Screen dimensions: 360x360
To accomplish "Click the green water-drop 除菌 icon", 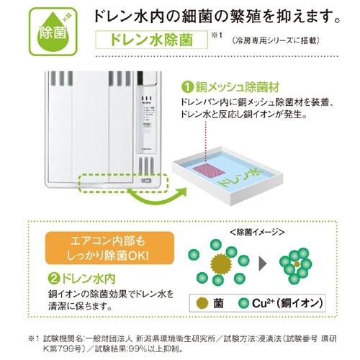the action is tap(53, 32).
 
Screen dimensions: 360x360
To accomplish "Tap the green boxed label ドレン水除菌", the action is tap(151, 40).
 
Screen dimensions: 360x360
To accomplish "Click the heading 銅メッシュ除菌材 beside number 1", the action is tap(238, 87).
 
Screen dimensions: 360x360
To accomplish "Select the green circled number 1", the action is tap(188, 88).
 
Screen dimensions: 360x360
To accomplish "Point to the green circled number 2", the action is tap(54, 279).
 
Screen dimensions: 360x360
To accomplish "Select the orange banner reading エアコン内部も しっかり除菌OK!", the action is tap(109, 248).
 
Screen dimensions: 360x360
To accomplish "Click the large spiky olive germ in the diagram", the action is tap(221, 264).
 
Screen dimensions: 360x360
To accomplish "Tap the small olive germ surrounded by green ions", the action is tap(297, 264).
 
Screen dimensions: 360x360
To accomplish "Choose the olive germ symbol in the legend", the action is tap(202, 303).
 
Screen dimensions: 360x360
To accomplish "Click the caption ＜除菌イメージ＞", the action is tap(257, 233).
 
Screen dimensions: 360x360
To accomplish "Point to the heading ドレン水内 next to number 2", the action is tap(89, 279).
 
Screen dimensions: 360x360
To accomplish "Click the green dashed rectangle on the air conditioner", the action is tap(124, 184).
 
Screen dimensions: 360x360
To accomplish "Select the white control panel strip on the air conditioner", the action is tap(146, 120).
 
